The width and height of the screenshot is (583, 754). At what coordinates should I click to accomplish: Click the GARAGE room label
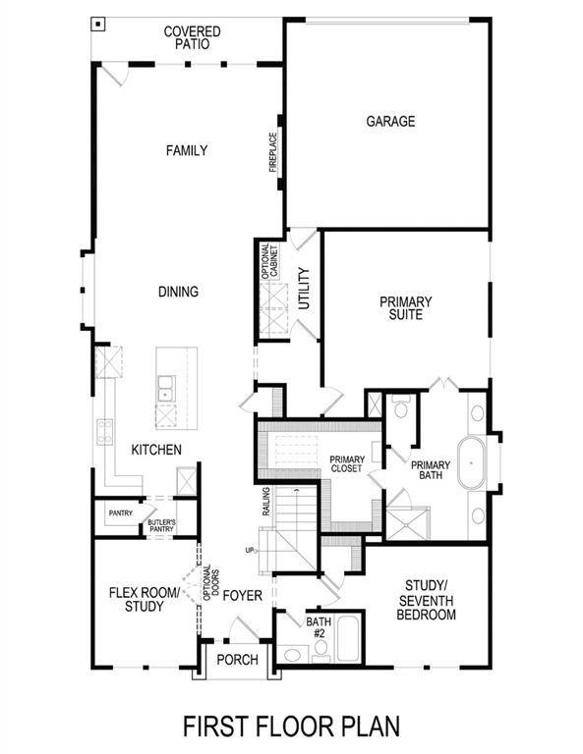click(390, 122)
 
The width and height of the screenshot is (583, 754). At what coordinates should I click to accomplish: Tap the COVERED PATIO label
click(192, 38)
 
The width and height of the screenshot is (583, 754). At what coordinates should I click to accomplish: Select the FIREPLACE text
click(274, 153)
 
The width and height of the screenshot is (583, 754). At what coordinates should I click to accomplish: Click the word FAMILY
click(186, 151)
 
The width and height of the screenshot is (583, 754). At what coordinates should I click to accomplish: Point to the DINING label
click(178, 292)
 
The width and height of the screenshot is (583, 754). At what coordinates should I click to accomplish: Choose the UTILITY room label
click(304, 290)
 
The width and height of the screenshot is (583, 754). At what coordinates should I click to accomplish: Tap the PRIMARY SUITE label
click(405, 308)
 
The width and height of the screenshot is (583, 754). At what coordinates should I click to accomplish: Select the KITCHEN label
click(156, 450)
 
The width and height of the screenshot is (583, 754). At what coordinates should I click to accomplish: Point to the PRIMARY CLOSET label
click(346, 464)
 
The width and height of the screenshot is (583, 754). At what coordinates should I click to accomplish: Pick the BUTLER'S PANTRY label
click(161, 526)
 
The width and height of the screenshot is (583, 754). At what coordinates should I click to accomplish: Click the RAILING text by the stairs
click(266, 505)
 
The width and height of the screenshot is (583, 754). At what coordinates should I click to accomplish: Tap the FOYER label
click(242, 595)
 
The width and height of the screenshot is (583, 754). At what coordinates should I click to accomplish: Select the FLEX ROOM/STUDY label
click(144, 599)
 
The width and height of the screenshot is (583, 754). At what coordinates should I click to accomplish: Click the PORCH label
click(236, 659)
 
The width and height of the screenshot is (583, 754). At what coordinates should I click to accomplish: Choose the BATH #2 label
click(318, 627)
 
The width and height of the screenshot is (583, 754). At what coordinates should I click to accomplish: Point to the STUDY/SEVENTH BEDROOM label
click(426, 601)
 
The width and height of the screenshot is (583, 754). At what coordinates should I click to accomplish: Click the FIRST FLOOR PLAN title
click(292, 727)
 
